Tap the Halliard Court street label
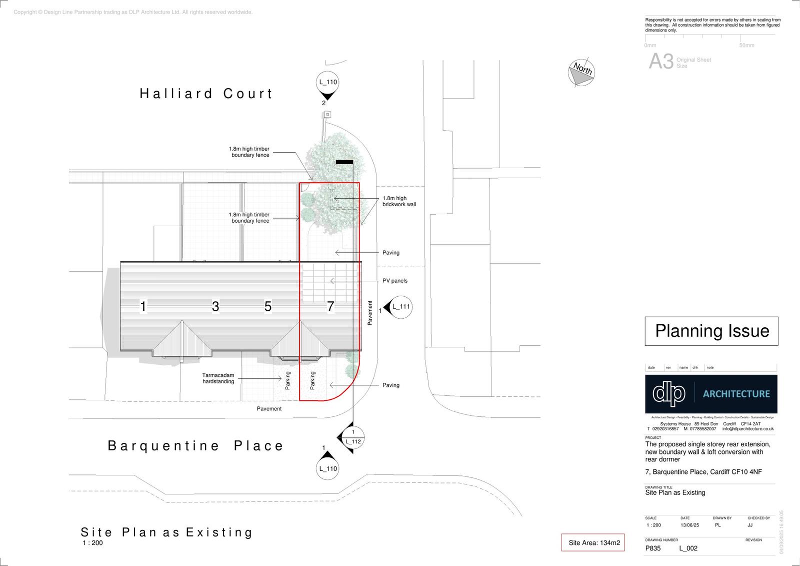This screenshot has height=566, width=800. [206, 94]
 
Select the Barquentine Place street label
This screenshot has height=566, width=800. [195, 446]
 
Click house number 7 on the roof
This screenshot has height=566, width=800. [330, 306]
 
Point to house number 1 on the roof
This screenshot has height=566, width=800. [143, 306]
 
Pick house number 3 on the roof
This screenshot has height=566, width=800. [215, 306]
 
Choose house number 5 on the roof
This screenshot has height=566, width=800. [268, 306]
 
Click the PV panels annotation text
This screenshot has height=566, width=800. [395, 281]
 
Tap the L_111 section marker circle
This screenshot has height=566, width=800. [400, 307]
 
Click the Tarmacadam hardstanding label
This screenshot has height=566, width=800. [218, 378]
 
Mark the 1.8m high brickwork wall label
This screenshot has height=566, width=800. [399, 201]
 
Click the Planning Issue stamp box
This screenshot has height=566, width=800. [711, 331]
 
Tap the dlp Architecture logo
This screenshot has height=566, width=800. [711, 394]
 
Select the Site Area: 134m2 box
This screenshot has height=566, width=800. [593, 542]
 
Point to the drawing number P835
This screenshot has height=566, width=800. [653, 548]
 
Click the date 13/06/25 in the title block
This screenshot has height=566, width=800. [689, 525]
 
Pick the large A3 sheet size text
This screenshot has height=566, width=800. [661, 62]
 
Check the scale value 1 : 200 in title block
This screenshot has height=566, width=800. [653, 525]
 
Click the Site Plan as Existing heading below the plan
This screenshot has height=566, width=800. [166, 532]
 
